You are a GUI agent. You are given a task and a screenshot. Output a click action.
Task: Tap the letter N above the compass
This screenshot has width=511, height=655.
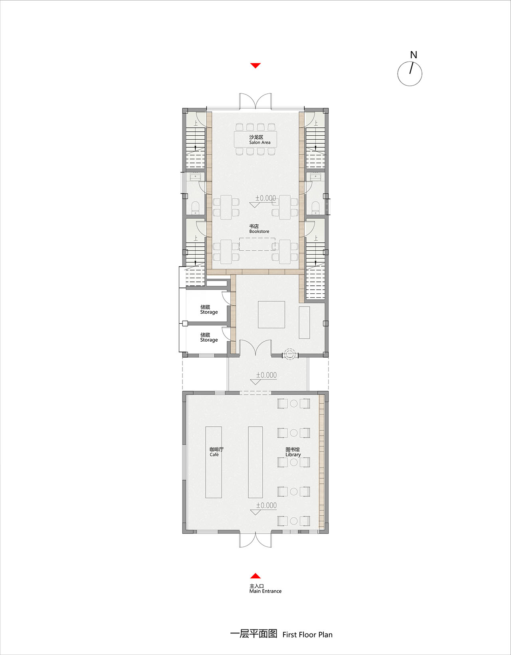[414, 55]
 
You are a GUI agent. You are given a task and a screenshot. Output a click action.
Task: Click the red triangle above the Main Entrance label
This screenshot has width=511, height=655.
[255, 576]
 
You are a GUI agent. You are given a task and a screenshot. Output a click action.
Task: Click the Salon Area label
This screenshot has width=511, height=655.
[259, 140]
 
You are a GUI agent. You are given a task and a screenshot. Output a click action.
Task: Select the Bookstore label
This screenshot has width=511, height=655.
[259, 229]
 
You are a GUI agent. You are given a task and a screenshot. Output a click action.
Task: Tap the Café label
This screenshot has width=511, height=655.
[216, 452]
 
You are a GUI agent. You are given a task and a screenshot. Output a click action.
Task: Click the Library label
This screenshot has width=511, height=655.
[293, 452]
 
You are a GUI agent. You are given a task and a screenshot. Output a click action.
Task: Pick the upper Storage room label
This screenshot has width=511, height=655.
[209, 310]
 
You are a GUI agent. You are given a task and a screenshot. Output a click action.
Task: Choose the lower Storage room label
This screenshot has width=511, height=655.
[209, 337]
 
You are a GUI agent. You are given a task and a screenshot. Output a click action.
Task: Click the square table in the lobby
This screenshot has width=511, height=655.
[271, 315]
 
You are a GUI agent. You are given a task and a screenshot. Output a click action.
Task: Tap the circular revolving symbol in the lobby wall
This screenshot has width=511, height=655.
[290, 355]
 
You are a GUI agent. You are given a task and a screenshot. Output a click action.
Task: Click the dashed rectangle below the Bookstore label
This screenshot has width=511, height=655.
[257, 244]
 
